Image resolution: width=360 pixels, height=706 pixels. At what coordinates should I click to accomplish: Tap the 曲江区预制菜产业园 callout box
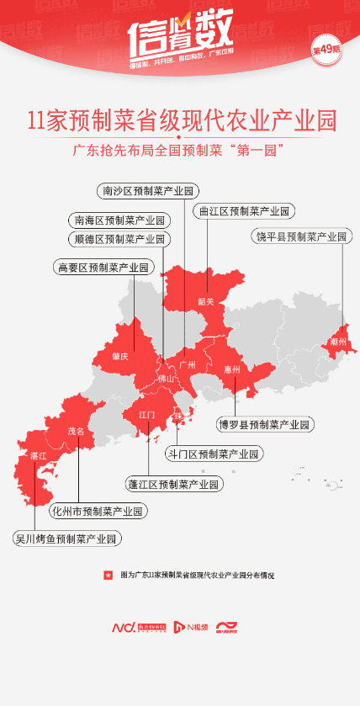[242, 211]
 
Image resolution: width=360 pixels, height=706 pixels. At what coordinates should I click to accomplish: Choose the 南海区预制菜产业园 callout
[119, 220]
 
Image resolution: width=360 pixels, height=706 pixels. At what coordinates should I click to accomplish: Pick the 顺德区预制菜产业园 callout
[119, 239]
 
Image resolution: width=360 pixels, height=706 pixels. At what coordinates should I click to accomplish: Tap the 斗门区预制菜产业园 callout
[212, 454]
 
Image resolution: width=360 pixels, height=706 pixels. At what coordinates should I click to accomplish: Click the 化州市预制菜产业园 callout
[98, 511]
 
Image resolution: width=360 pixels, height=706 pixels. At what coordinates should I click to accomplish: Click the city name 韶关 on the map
[206, 301]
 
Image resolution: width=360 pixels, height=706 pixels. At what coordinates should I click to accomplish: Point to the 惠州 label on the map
[233, 369]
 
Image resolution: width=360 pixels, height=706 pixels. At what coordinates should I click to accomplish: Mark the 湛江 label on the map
[38, 455]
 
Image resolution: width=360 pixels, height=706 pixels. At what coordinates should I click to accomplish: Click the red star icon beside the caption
[107, 575]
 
